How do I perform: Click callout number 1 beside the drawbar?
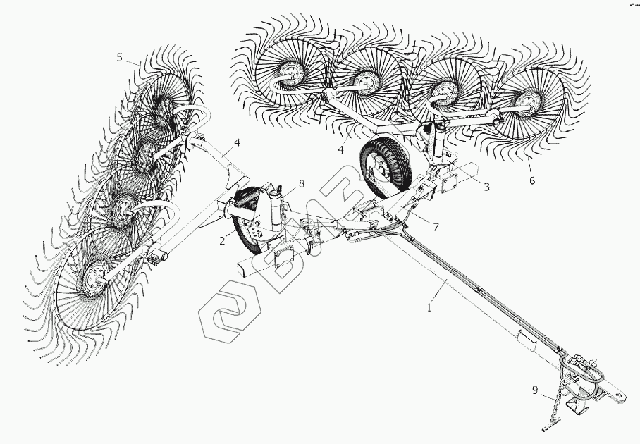(x=429, y=307)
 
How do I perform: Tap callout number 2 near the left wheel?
(x=222, y=241)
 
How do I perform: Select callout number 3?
(x=486, y=187)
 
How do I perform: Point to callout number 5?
(x=119, y=58)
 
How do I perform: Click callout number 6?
(x=532, y=180)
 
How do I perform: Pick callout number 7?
(x=436, y=227)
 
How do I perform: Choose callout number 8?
(x=301, y=184)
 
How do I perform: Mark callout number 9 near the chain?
(x=535, y=390)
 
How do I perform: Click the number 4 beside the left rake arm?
(x=237, y=142)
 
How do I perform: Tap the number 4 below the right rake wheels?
(x=341, y=150)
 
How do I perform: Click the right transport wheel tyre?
(x=383, y=166)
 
